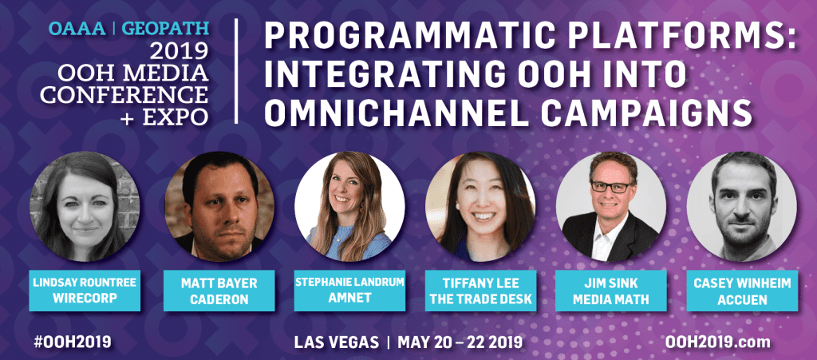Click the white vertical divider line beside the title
[x=237, y=72]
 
